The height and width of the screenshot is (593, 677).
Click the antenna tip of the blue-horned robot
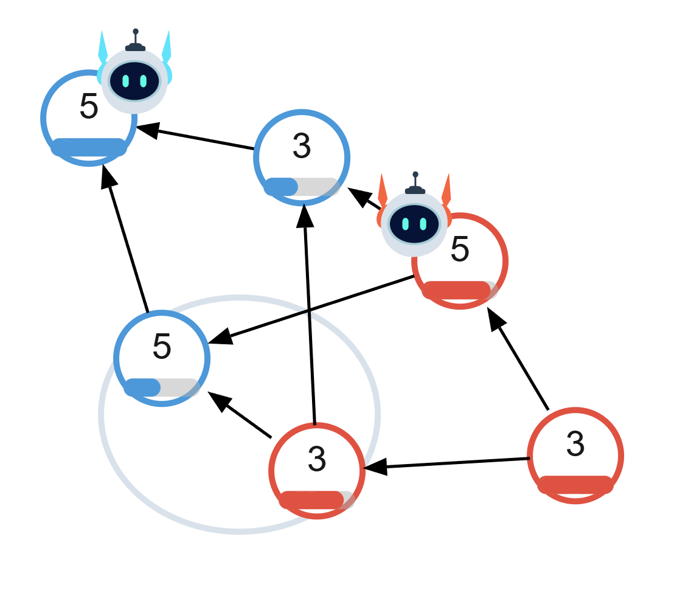point(135,31)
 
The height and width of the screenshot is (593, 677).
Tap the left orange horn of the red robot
point(383,190)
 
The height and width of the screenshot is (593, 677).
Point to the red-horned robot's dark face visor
point(415,223)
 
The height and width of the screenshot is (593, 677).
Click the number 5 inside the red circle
point(460,249)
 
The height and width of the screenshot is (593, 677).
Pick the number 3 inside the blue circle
point(302,146)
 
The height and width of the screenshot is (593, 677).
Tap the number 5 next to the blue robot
point(89,108)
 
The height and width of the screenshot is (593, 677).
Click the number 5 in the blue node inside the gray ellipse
point(162,347)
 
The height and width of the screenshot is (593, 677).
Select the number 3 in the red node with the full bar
point(575,444)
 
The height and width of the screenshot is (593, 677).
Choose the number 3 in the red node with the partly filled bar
point(317,459)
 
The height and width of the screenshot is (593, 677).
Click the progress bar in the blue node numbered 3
point(302,187)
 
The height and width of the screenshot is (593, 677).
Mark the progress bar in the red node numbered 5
point(460,290)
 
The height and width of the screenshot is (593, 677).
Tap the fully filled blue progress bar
point(89,147)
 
